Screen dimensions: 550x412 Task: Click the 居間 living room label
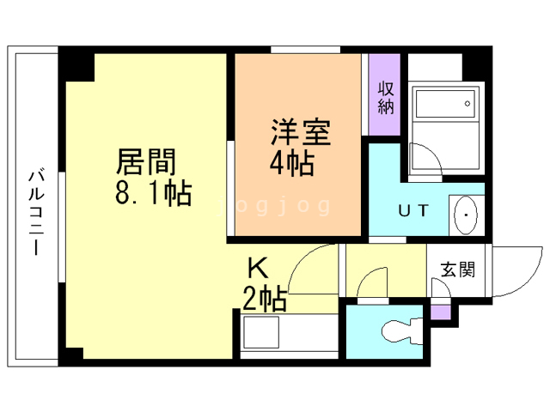(146, 161)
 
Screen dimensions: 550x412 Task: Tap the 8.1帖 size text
(154, 192)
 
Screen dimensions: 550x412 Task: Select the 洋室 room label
(301, 132)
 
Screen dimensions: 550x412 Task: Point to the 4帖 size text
(292, 164)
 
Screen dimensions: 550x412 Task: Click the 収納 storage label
(386, 98)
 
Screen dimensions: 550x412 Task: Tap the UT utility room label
(413, 210)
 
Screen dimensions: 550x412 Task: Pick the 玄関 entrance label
(458, 270)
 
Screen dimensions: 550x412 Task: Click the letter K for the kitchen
(259, 268)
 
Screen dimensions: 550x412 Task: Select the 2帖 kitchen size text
(265, 299)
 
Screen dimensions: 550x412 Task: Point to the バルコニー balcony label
(36, 212)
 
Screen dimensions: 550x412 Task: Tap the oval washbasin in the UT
(466, 215)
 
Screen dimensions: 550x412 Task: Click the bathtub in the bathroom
(445, 104)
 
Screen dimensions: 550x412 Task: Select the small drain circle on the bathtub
(467, 104)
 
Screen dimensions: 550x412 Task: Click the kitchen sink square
(261, 332)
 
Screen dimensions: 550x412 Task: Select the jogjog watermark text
(274, 206)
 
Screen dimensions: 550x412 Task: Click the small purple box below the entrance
(441, 312)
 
